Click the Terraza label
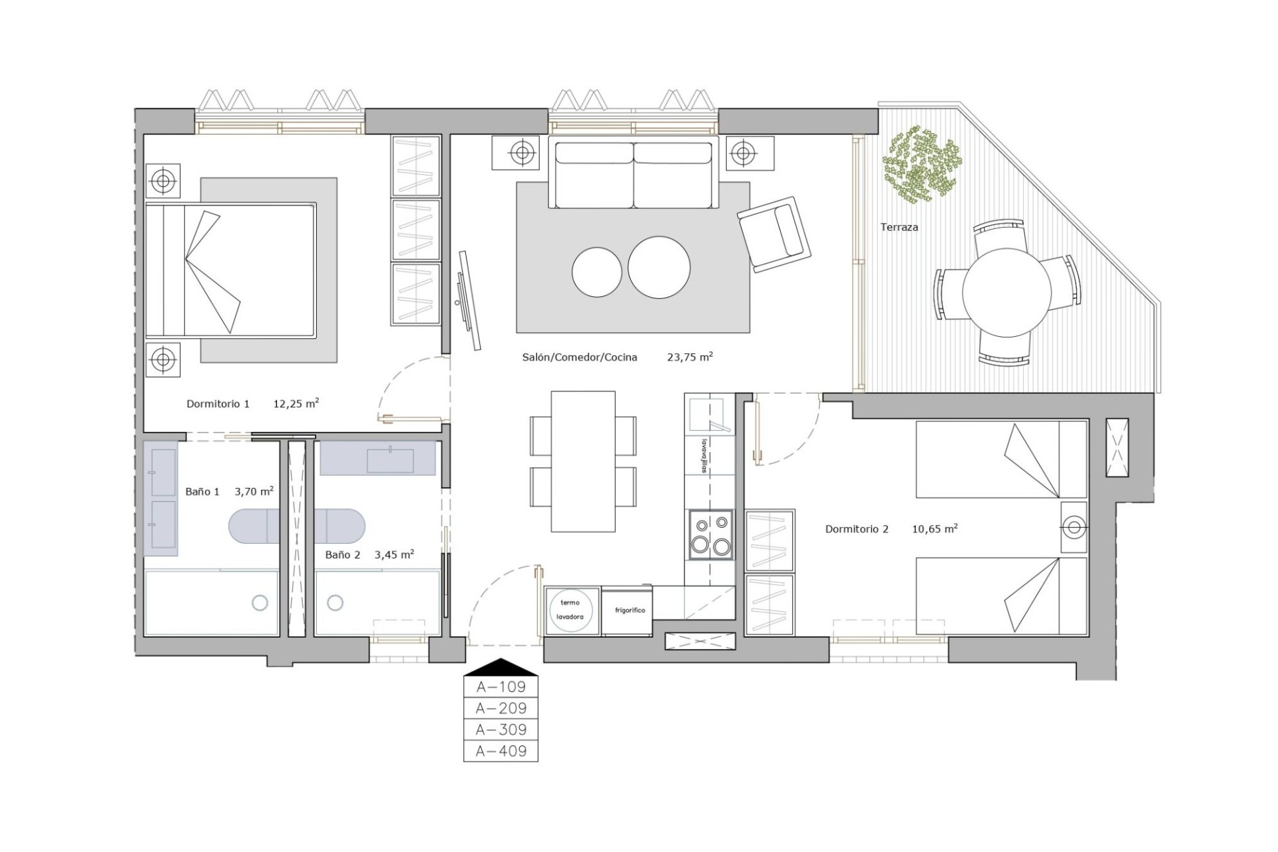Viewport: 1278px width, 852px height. coord(899,228)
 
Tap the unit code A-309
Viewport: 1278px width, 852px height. coord(501,730)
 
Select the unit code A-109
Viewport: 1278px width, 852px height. coord(501,686)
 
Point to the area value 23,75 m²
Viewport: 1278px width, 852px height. coord(690,357)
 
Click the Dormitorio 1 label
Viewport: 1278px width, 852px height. coord(218,404)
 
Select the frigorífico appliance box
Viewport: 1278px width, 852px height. coord(628,610)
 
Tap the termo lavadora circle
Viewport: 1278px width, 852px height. coord(570,610)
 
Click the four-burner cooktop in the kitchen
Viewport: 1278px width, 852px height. coord(710,534)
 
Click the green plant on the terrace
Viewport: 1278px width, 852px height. coord(923,163)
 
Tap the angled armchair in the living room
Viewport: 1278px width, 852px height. coord(774,234)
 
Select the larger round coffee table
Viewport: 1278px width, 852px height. coord(659,268)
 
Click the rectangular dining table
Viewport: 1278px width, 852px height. coord(583,461)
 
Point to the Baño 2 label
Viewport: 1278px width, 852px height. coord(342,554)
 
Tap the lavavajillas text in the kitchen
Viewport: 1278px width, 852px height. coord(702,455)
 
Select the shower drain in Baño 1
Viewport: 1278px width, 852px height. coord(260,603)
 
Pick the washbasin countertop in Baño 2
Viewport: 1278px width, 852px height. coord(377,459)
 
